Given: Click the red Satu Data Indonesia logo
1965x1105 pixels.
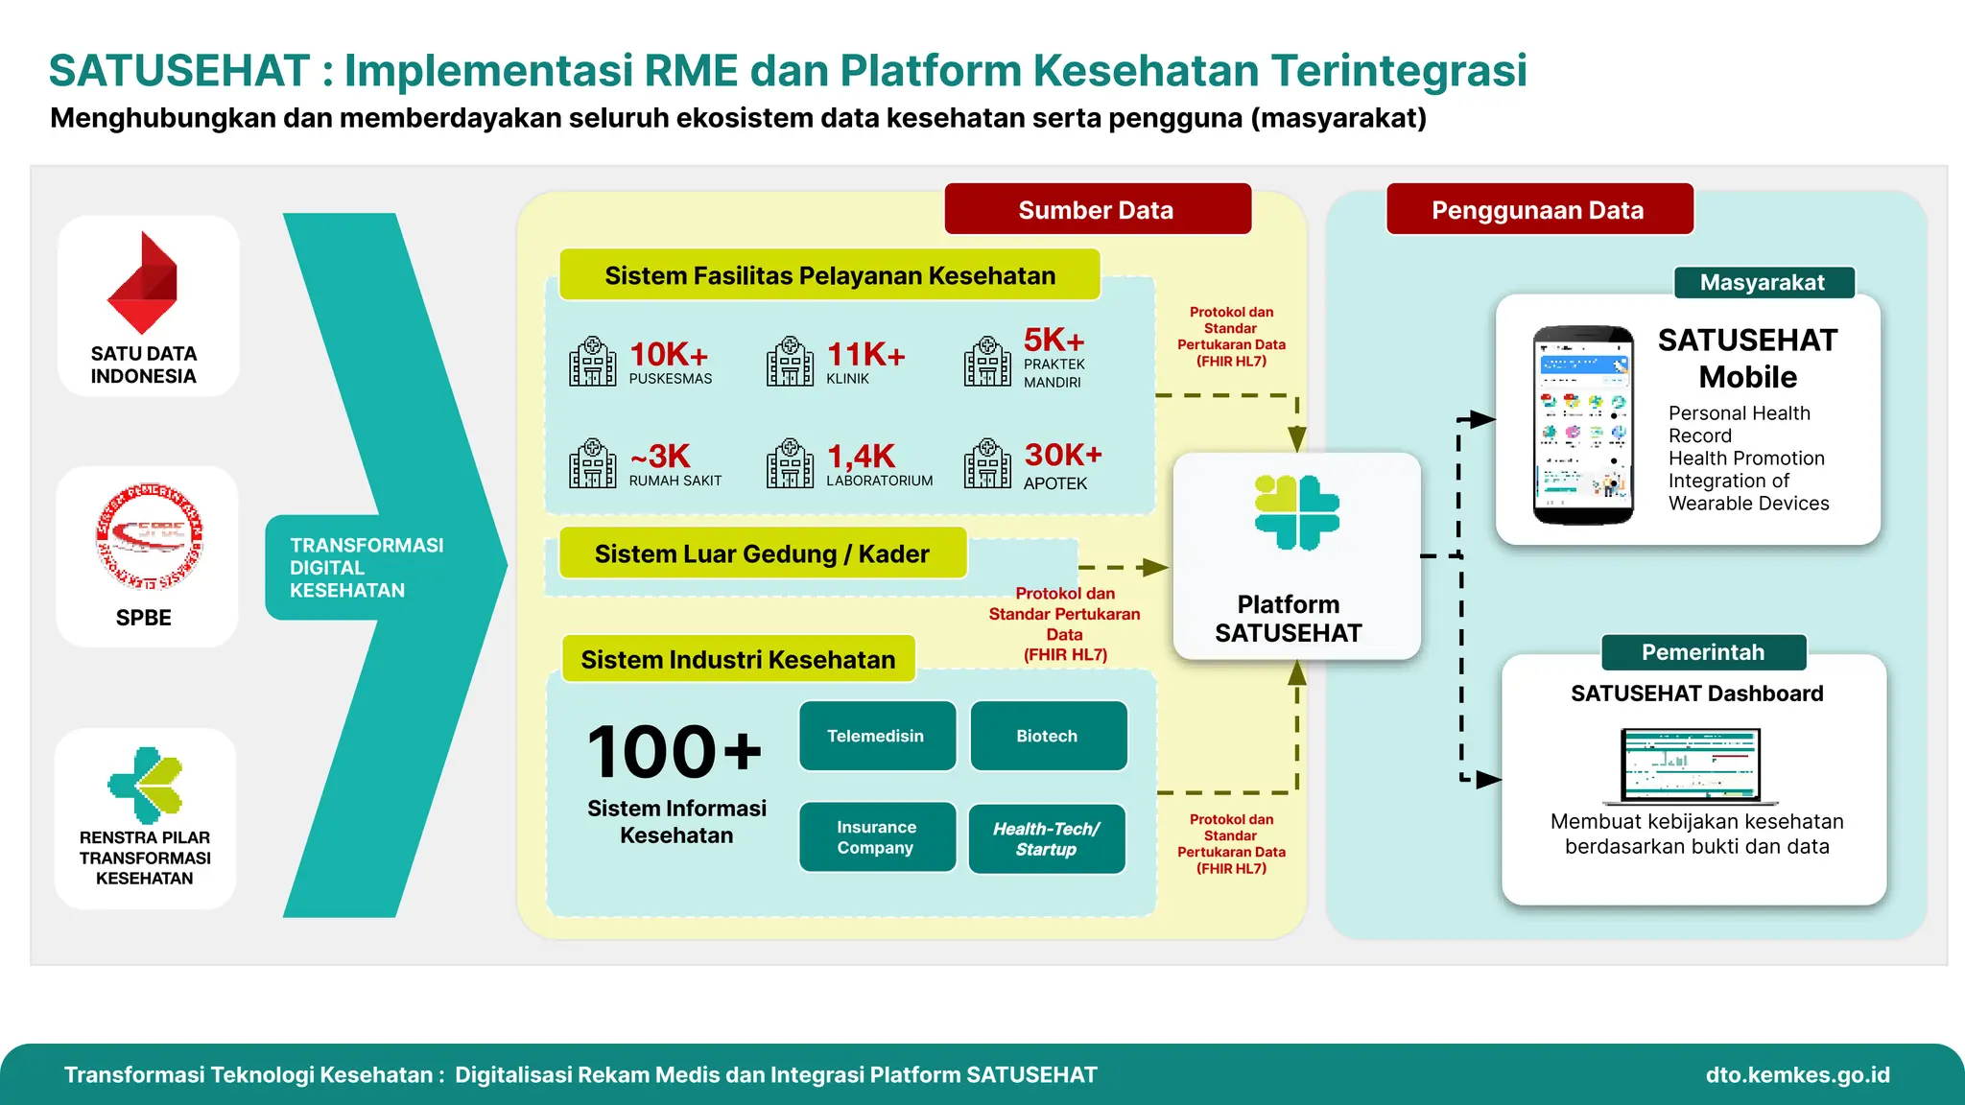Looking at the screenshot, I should [142, 283].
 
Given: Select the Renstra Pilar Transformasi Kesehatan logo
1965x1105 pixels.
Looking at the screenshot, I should [146, 785].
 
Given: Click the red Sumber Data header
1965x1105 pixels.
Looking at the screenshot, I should [1097, 210].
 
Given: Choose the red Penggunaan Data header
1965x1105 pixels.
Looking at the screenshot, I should [1538, 210].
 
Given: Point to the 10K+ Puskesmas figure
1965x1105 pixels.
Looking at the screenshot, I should [669, 355].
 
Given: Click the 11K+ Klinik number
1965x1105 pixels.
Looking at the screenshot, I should [865, 356].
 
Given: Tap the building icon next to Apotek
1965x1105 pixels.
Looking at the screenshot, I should [987, 464].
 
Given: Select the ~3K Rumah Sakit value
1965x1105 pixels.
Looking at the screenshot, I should [661, 457].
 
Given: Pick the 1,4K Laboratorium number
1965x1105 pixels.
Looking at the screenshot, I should [861, 457].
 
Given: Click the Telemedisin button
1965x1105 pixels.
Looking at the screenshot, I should [876, 736].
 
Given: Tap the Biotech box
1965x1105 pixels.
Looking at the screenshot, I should [1048, 736].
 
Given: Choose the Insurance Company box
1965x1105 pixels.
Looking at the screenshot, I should [876, 836].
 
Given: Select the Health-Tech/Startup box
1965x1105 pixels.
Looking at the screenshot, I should [1046, 838].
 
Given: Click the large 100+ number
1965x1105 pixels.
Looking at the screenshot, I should [675, 752].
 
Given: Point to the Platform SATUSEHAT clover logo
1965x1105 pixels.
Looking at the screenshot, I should [1296, 512].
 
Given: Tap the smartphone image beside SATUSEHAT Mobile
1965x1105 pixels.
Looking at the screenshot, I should [1583, 425].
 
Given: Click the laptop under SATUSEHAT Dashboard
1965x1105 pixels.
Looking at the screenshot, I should [1691, 765].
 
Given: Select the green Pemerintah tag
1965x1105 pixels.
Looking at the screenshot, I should [1703, 652].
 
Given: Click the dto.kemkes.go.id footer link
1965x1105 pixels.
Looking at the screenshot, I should [1797, 1074].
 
